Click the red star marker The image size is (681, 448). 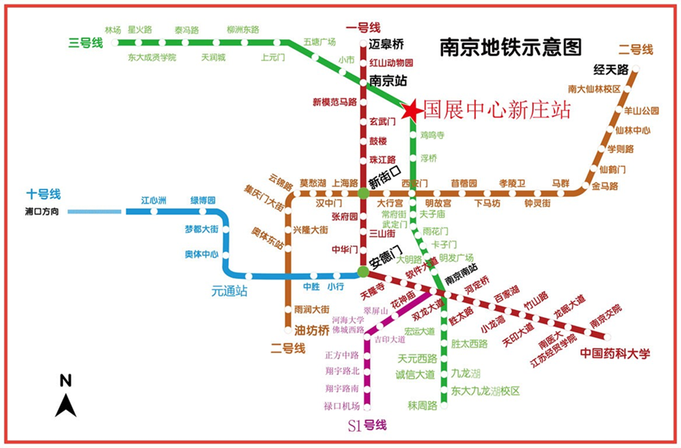point(412,110)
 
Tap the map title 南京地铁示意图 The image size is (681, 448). point(510,47)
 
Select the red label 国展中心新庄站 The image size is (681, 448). point(497,110)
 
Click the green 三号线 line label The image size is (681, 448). point(86,43)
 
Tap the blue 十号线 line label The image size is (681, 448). point(44,194)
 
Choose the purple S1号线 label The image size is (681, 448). point(367,426)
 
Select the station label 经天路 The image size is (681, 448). point(612,69)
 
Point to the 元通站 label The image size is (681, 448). point(230,292)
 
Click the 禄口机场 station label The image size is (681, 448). point(342,405)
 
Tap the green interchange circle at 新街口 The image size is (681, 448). point(363,194)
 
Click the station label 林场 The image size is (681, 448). point(113,30)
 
